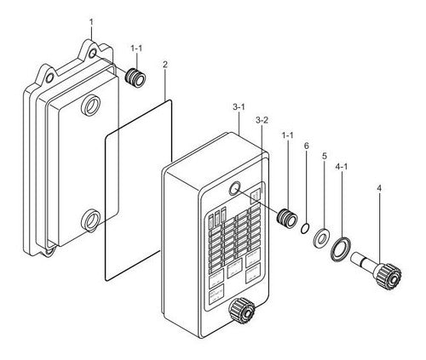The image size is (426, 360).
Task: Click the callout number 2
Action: (x=165, y=65)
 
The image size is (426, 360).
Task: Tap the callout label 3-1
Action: (x=239, y=107)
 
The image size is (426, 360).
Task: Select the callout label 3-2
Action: (x=262, y=120)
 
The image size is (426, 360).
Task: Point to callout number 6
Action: (x=306, y=146)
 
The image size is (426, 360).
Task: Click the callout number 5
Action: (x=325, y=156)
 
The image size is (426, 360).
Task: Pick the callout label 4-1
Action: (x=342, y=167)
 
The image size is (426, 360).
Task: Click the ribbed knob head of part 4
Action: (x=389, y=277)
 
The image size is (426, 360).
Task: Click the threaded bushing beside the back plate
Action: (x=135, y=77)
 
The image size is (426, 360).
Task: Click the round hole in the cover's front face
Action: (x=234, y=189)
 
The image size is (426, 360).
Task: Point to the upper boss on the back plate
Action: (x=90, y=106)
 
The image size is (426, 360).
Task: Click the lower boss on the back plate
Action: (x=90, y=220)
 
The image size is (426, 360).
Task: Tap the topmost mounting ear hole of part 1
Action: (x=92, y=54)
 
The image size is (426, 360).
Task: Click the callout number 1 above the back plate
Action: (x=91, y=22)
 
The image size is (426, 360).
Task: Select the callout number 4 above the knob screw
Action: (x=379, y=188)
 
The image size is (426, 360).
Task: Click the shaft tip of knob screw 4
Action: (x=354, y=257)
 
